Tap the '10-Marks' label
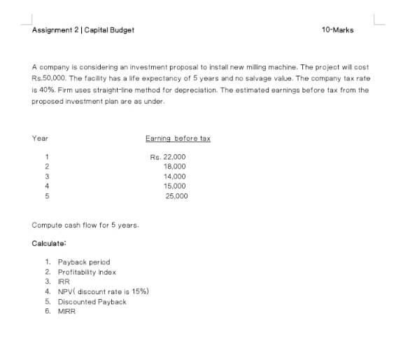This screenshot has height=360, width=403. (337, 30)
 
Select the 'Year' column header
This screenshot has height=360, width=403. (40, 139)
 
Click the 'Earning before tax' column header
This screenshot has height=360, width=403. (178, 139)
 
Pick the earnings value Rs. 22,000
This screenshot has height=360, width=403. (167, 157)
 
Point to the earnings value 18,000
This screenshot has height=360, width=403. (174, 167)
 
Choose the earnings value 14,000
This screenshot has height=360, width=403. (174, 176)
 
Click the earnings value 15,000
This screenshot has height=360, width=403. (174, 186)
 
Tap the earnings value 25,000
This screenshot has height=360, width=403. (176, 196)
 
